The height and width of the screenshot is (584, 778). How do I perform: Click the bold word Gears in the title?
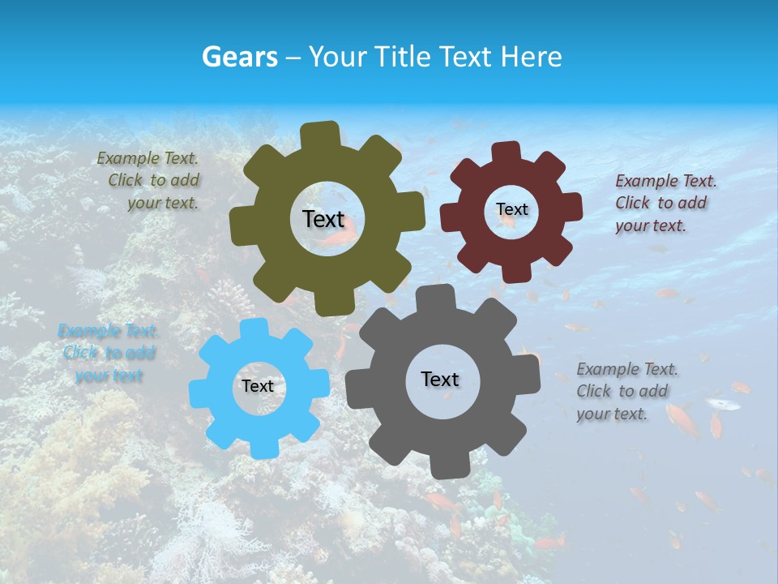[x=240, y=57]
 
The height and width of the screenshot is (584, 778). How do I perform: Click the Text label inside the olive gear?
[x=323, y=219]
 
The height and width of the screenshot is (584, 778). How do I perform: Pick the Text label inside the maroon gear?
[x=511, y=209]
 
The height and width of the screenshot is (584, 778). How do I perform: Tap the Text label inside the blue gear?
[x=258, y=386]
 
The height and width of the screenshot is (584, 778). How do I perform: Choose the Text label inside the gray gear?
[x=440, y=379]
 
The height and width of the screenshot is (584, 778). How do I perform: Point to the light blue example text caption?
[x=107, y=353]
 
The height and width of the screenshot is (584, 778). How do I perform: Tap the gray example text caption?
[x=626, y=391]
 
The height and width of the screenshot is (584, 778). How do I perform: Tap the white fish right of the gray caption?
[x=722, y=403]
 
